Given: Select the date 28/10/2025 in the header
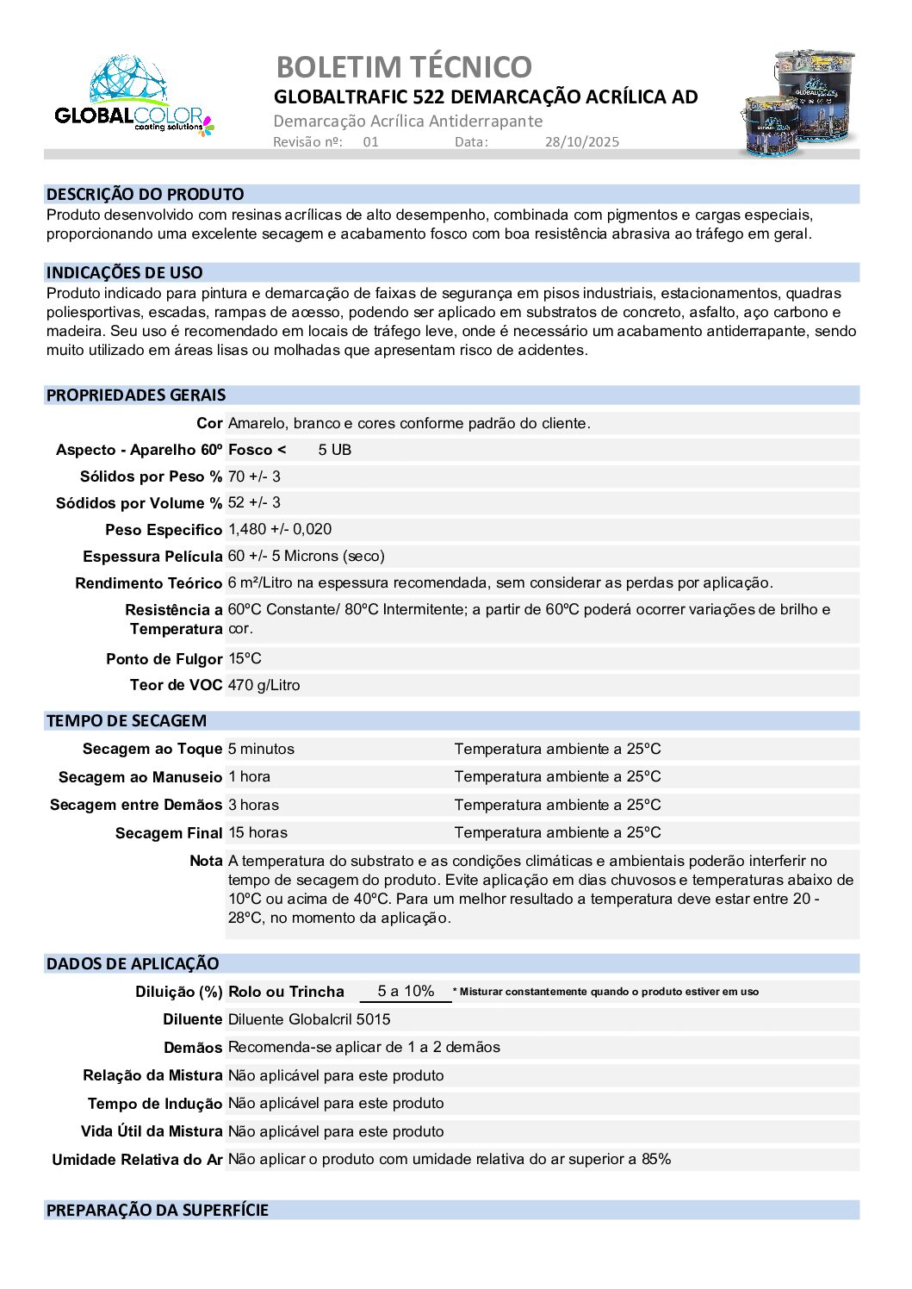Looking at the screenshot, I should point(581,142).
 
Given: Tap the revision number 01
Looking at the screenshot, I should point(370,142).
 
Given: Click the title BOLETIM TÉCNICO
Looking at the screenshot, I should point(403,66).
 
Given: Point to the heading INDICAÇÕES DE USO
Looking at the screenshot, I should point(125,272).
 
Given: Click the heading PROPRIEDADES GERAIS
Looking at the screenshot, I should point(136,395).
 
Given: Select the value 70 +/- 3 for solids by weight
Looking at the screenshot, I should point(254,476).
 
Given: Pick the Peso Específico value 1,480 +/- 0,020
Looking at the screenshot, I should point(280,529).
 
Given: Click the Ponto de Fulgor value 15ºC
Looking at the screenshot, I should point(245,658).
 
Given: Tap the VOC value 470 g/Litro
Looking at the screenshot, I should point(264,685).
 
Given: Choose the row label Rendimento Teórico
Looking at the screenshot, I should point(148,583).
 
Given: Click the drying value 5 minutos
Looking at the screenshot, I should point(261,749).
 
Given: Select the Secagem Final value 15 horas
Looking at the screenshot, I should point(257,832).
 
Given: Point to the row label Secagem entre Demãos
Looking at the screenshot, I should point(136,805).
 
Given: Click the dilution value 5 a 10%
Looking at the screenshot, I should point(406,991).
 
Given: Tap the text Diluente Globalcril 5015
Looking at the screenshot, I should point(309,1019).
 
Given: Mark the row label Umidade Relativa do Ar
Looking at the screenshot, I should point(137,1160).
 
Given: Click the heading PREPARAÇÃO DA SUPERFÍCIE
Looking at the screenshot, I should point(158,1210).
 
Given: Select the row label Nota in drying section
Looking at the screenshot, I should point(206,861).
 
